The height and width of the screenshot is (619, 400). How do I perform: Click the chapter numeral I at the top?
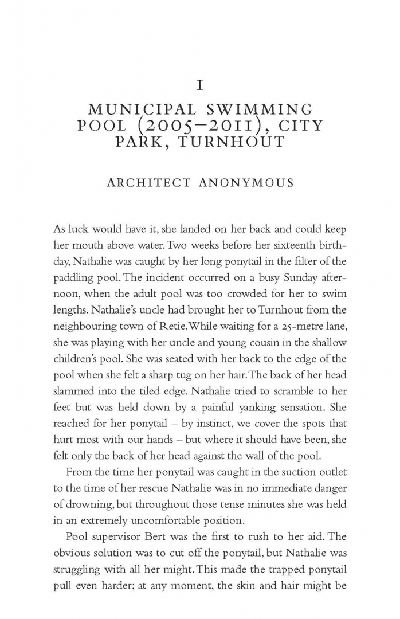coord(200,86)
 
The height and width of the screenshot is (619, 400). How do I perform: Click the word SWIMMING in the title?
coord(263,109)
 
